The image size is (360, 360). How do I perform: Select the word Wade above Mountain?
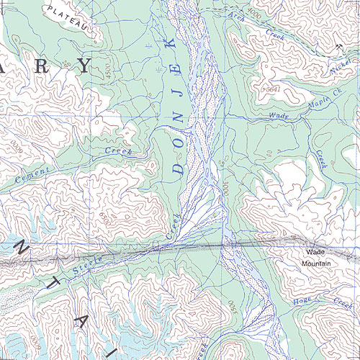coord(316,253)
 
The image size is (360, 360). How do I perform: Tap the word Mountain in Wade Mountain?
coord(316,263)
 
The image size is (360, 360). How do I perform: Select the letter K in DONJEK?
coord(172,45)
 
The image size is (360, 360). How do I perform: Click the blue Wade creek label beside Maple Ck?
coord(277,115)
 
